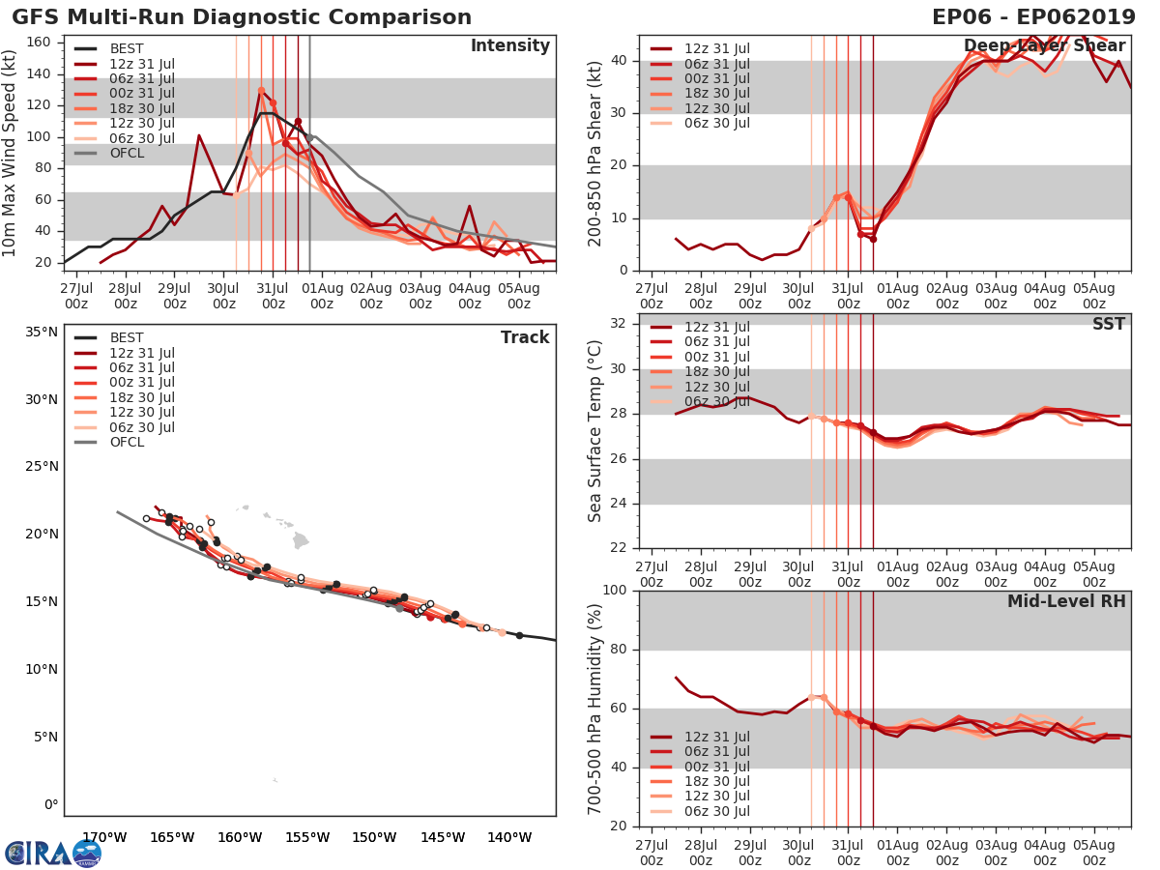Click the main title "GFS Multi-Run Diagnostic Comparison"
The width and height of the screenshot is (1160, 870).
(x=242, y=17)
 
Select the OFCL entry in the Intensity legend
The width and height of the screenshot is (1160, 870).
(x=128, y=153)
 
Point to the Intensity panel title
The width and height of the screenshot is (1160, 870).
(x=509, y=46)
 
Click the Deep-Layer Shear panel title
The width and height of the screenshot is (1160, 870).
(x=1044, y=46)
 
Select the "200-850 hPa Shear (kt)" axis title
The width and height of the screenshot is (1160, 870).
(x=596, y=155)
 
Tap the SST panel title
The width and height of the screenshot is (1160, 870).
(x=1109, y=324)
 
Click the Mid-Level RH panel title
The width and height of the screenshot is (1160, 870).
(x=1066, y=601)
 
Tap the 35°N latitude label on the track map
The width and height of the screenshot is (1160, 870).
(x=41, y=333)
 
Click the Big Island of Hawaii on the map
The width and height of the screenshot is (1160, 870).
(x=302, y=540)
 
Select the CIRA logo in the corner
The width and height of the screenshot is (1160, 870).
(x=53, y=853)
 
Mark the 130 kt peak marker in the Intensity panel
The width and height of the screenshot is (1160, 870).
(x=261, y=90)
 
